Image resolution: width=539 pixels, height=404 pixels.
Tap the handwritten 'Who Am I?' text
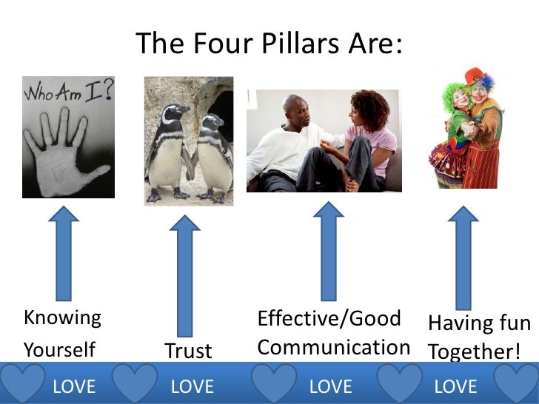click(67, 92)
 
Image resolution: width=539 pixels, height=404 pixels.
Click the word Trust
click(188, 351)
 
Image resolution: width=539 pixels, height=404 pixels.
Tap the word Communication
click(333, 347)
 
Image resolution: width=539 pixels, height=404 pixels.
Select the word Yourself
click(59, 349)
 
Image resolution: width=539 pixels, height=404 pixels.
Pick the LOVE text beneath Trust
click(192, 386)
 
